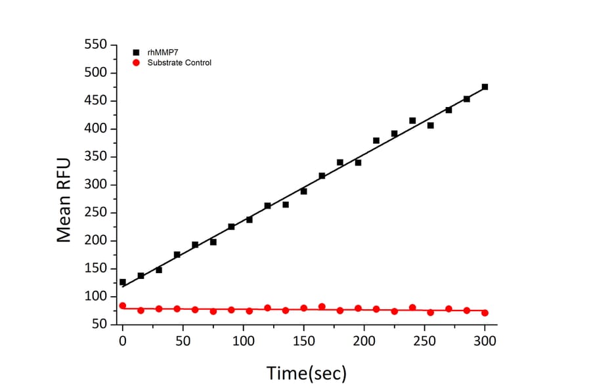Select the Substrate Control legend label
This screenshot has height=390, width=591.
coord(179,62)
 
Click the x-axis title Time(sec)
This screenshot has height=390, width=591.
coord(306,373)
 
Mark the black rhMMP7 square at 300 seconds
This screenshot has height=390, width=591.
coord(485,87)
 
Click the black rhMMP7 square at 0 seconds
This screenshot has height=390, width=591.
coord(122,282)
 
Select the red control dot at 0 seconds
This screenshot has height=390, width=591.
coord(122,305)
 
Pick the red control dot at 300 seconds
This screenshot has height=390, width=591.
coord(485,313)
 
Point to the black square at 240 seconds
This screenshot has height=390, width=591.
coord(412,120)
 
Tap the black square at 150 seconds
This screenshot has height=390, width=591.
coord(303,191)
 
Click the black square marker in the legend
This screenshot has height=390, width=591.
coord(136,51)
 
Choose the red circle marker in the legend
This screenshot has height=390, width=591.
coord(136,62)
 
